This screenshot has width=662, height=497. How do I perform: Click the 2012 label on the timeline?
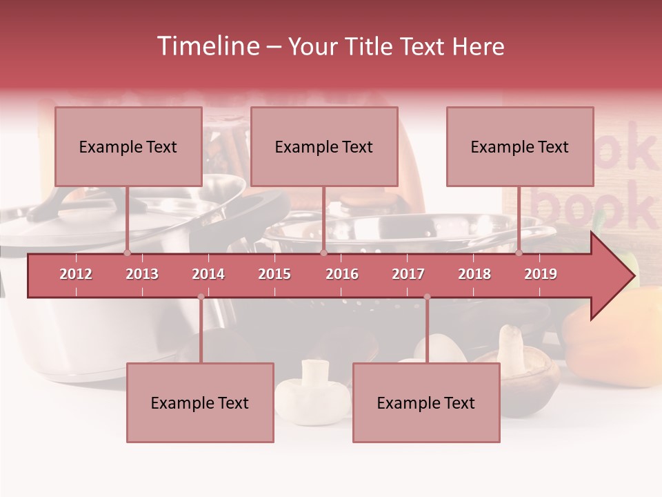pos(76,274)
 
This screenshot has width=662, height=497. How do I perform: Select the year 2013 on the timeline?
pos(142,274)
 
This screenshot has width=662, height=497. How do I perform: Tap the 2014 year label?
pos(208,274)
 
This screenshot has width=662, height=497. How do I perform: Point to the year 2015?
pos(274,274)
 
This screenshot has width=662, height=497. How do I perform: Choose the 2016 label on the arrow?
pos(342,274)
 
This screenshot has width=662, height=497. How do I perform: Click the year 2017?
pos(408,274)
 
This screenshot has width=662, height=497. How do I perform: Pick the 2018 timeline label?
pos(474,274)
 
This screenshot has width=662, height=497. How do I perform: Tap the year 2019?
pos(541,274)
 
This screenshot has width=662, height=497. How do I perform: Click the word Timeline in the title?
pos(206,46)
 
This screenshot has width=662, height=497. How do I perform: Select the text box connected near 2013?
pos(128,146)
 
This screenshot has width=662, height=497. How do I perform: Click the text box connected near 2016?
pos(324,146)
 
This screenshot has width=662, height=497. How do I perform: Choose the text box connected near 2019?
pos(520,146)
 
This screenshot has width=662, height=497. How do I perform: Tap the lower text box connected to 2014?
pos(200,402)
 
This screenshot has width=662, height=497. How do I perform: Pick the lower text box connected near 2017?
pos(426,402)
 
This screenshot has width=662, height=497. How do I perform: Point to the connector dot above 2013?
pos(127,253)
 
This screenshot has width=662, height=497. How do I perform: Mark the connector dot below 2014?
pos(201,297)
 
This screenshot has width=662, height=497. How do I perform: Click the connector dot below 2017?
pos(427,297)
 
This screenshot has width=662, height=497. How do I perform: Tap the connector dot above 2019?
pos(519,253)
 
